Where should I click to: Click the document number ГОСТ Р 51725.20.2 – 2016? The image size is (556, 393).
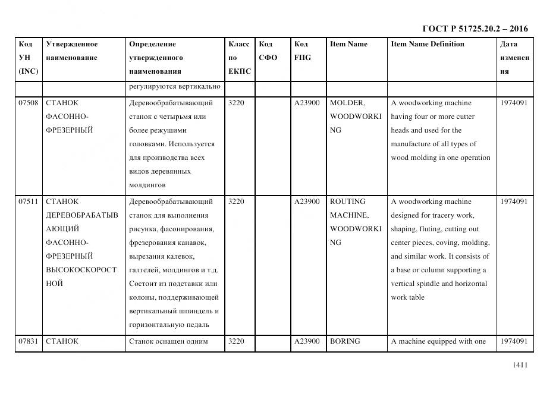pos(475,29)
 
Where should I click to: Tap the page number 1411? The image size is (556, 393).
pos(520,365)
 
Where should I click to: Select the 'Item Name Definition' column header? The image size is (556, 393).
pos(428,44)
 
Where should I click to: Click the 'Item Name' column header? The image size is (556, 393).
pos(348,44)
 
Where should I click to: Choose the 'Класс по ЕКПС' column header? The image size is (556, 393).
pos(240,58)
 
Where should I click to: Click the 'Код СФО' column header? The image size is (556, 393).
pos(268,51)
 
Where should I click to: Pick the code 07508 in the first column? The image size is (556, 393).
pos(29,103)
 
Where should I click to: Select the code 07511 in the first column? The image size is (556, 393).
pos(29,202)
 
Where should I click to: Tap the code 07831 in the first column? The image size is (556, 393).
pos(29,341)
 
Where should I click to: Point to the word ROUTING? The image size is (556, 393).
pos(348,202)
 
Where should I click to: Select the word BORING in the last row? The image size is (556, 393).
pos(345,341)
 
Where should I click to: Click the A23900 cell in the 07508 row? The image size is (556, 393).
pos(307,103)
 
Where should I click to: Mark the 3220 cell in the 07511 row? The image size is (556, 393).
pos(236,202)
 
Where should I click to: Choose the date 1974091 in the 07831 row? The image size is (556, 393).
pos(514,341)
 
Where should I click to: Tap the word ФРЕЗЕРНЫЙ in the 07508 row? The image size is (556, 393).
pos(69,130)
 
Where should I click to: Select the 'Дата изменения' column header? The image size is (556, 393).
pos(515,58)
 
